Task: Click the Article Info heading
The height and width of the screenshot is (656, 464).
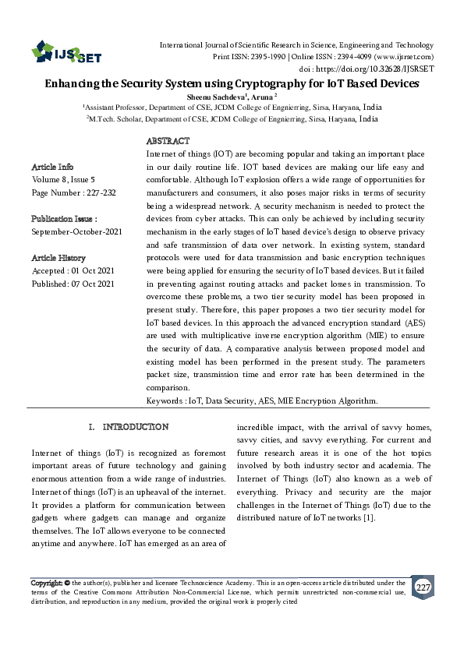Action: point(52,167)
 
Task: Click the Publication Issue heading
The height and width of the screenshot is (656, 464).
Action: point(64,219)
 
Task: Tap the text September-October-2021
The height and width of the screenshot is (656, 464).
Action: point(76,232)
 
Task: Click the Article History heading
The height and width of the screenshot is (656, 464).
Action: point(58,258)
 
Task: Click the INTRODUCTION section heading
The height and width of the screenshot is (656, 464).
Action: point(135,427)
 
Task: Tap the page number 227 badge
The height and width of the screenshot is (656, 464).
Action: point(422,587)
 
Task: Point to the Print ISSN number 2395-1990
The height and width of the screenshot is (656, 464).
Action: point(264,58)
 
